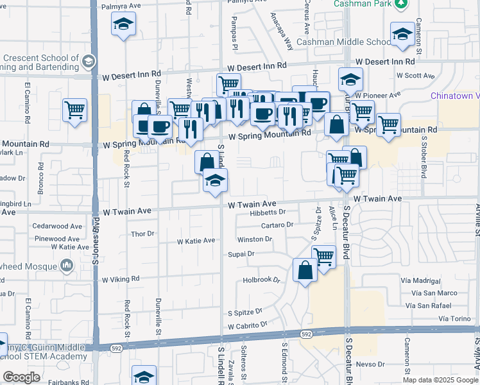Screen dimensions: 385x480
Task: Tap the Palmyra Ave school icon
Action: (x=123, y=26)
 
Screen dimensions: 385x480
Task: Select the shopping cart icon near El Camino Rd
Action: (x=75, y=110)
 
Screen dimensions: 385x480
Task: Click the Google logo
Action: (x=21, y=377)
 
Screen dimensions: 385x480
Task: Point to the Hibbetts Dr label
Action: (x=267, y=212)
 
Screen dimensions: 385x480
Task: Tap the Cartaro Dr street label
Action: (x=277, y=225)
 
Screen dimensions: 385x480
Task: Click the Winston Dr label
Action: (x=255, y=239)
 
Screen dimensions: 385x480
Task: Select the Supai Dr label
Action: (x=241, y=254)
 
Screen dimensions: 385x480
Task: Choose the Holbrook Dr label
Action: (x=262, y=280)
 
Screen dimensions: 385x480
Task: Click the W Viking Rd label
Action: (x=120, y=279)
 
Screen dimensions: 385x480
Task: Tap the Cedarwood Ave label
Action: (x=58, y=227)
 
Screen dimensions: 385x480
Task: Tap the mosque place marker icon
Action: (x=67, y=265)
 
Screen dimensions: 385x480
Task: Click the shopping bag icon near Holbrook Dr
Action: (x=305, y=269)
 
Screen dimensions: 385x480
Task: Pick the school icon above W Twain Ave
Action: (x=215, y=182)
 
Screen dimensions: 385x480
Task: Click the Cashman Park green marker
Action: (x=402, y=4)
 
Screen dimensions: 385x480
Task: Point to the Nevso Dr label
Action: (x=372, y=364)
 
